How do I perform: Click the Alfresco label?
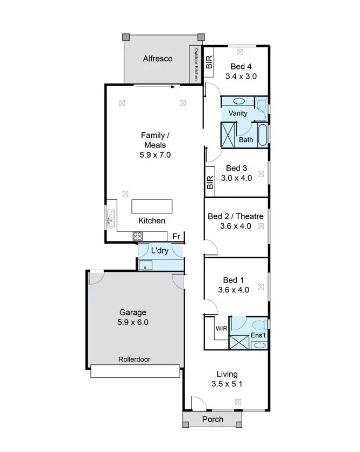tap(158, 59)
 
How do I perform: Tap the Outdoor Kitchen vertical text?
tap(196, 65)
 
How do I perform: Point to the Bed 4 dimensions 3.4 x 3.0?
tap(241, 76)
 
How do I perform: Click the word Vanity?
tap(238, 113)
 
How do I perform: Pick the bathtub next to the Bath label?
tap(263, 135)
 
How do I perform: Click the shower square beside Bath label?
tap(229, 135)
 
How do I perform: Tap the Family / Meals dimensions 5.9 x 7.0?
tap(154, 155)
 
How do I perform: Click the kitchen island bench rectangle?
tap(152, 207)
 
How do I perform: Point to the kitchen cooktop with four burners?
tap(138, 235)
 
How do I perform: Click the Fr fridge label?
tap(176, 236)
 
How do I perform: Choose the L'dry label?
tap(160, 251)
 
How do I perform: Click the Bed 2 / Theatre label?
tap(236, 216)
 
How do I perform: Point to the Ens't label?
tap(258, 335)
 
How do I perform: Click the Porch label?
tap(212, 420)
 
